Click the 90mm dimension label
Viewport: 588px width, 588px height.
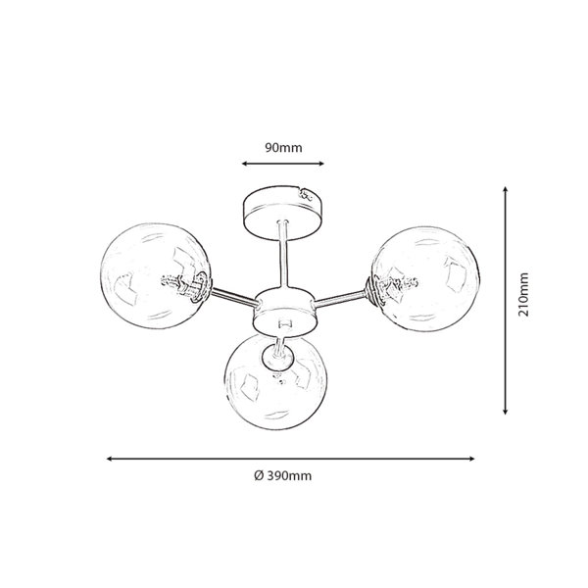click(x=283, y=148)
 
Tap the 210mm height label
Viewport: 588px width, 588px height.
click(x=523, y=294)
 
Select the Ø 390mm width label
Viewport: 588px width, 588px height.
click(x=283, y=476)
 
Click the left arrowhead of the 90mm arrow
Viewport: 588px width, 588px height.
click(x=244, y=164)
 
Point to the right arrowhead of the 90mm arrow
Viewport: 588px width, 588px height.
click(x=321, y=164)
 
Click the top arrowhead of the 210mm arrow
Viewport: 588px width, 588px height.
click(x=505, y=189)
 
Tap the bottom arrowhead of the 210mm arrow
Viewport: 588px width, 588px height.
click(x=505, y=412)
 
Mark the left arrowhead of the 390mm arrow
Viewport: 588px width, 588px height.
click(x=110, y=459)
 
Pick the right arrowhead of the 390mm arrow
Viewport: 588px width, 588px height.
click(x=472, y=459)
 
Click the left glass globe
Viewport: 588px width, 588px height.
click(x=155, y=276)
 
